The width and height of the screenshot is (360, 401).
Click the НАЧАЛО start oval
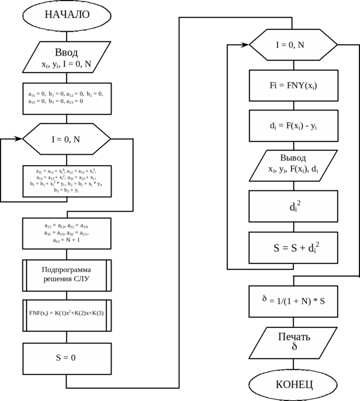[67, 15]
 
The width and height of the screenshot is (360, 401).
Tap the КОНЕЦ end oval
[293, 384]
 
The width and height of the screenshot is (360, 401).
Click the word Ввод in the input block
[66, 52]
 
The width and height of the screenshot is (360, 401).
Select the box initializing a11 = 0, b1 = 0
[67, 98]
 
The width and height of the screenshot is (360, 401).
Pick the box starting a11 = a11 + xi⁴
[67, 181]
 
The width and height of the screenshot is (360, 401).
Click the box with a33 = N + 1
[67, 233]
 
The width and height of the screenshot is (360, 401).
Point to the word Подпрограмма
[66, 270]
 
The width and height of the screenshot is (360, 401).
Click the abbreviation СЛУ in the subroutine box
[81, 280]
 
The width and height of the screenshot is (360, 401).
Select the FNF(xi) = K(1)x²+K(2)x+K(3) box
[67, 314]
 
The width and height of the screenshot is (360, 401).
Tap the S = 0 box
[67, 358]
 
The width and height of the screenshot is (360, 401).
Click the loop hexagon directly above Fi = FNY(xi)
[293, 45]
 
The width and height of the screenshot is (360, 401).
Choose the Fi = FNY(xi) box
[293, 86]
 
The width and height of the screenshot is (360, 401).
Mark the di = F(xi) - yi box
[293, 126]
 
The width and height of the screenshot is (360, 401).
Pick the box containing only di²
[293, 206]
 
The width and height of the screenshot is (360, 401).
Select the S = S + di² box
[293, 248]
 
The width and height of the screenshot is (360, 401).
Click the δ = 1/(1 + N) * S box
[293, 301]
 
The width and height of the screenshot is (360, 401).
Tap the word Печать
[294, 337]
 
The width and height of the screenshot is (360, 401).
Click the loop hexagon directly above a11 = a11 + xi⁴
[67, 139]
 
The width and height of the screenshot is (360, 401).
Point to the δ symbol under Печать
[294, 347]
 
